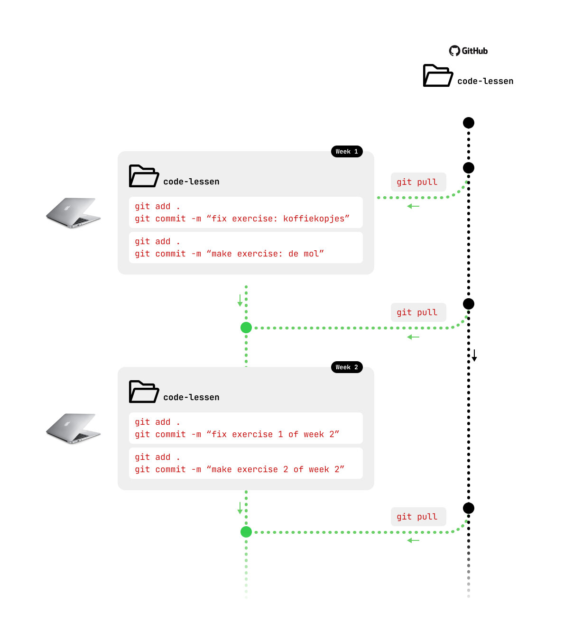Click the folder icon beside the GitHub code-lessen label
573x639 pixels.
(437, 76)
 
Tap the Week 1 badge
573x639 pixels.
(347, 152)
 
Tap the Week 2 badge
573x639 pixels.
(347, 367)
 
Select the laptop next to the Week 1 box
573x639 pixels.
(74, 213)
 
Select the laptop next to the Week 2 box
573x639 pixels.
(74, 429)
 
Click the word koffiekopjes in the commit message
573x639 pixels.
(316, 219)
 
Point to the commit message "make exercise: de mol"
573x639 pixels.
(229, 254)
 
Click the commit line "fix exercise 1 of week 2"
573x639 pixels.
(237, 434)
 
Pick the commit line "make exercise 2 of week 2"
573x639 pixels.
(240, 469)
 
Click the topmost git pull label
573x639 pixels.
(417, 182)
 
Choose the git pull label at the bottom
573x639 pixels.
(417, 517)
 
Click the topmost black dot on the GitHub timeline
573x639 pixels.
(469, 123)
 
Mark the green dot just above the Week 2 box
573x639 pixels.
(246, 328)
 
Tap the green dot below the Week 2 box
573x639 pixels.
(246, 532)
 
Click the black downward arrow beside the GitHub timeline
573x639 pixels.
(474, 356)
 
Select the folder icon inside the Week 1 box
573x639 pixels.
(144, 176)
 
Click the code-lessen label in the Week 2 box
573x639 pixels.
(191, 397)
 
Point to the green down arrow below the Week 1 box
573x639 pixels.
(240, 301)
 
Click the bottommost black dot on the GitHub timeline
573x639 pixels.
(469, 508)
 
